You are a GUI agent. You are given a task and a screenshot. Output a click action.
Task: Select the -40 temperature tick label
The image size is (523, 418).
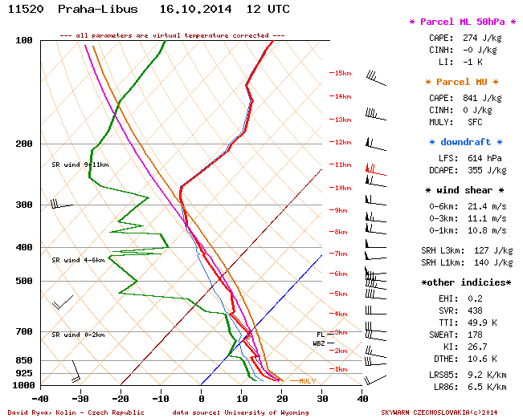coord(39,397)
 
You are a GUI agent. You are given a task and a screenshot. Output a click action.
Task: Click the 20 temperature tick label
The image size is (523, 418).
coord(282,397)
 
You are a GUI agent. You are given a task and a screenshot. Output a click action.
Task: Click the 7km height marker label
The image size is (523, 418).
coord(341,254)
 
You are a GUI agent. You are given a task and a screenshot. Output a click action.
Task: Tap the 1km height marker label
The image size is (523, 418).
coord(341,369)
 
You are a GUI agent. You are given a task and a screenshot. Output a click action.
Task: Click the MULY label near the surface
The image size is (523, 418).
coord(307,381)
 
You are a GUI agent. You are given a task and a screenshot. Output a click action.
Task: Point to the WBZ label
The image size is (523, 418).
coord(319,343)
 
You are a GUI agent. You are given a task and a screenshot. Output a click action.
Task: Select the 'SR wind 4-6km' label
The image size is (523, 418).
coord(78,260)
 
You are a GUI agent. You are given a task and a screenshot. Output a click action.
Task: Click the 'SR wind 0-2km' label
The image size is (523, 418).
coord(78,335)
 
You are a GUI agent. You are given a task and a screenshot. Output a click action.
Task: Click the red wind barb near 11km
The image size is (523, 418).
coord(372,170)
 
